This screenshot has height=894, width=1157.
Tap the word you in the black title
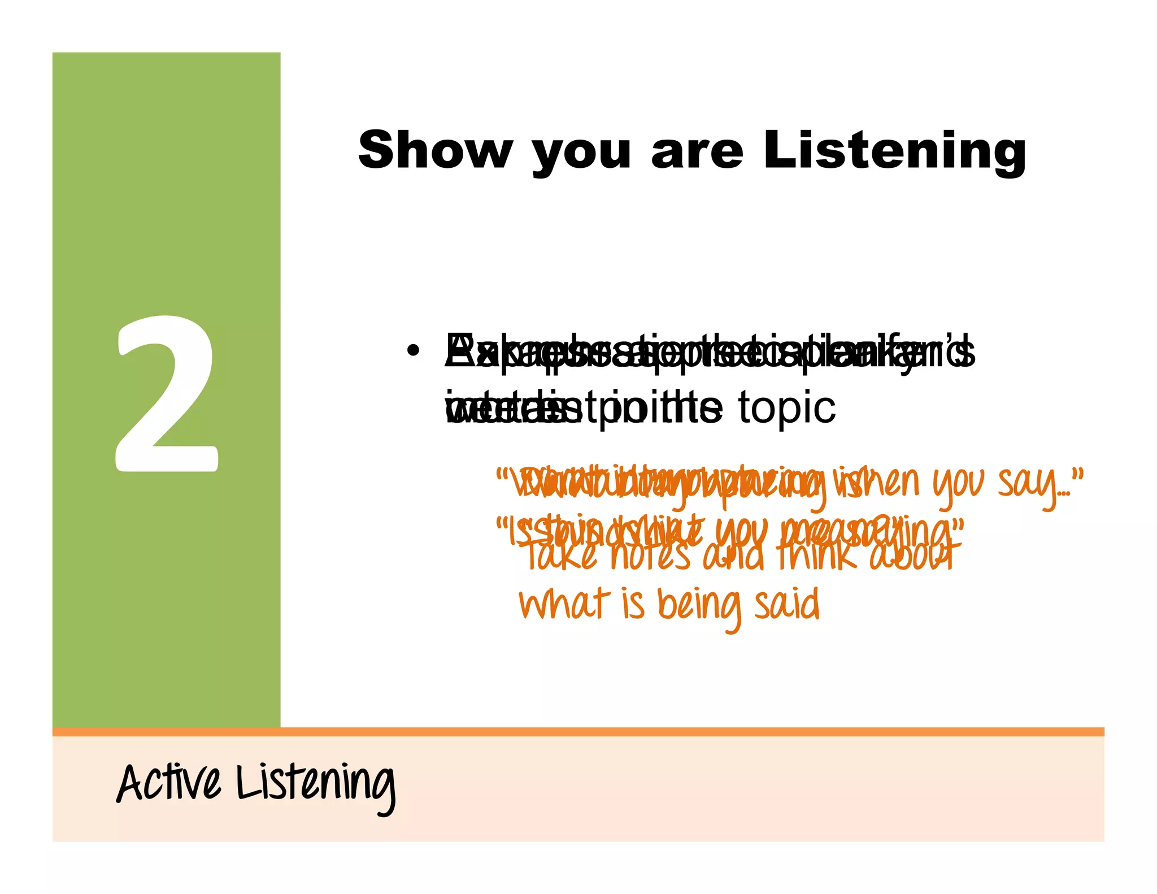tap(581, 153)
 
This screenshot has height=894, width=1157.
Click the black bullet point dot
tap(414, 351)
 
